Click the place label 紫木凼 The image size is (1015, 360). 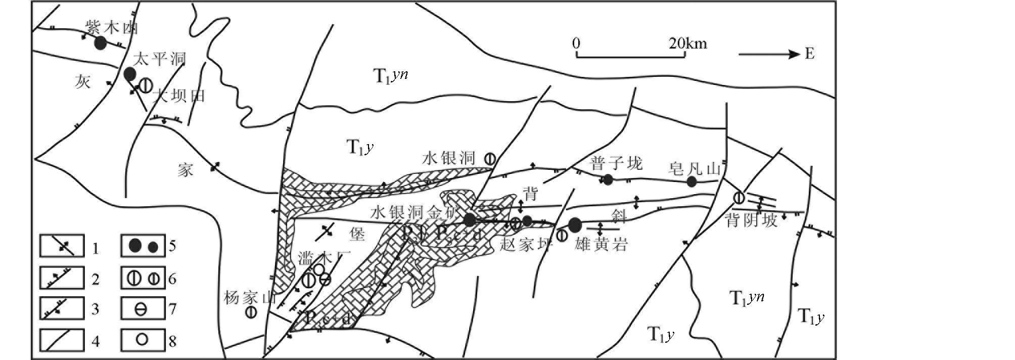pyautogui.click(x=112, y=28)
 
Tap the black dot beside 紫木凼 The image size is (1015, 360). pyautogui.click(x=101, y=43)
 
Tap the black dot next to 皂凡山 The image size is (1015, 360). pyautogui.click(x=691, y=182)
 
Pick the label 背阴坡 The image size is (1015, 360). pyautogui.click(x=751, y=221)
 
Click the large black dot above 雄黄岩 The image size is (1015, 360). pyautogui.click(x=575, y=225)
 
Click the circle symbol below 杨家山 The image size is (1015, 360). pyautogui.click(x=250, y=312)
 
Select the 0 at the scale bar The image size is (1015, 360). pyautogui.click(x=576, y=43)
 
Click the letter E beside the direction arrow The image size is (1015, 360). pyautogui.click(x=810, y=54)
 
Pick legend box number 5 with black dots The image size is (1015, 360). pyautogui.click(x=143, y=247)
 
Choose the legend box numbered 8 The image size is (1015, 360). pyautogui.click(x=143, y=339)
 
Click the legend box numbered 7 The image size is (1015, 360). pyautogui.click(x=143, y=308)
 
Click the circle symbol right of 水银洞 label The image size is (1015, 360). pyautogui.click(x=489, y=158)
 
